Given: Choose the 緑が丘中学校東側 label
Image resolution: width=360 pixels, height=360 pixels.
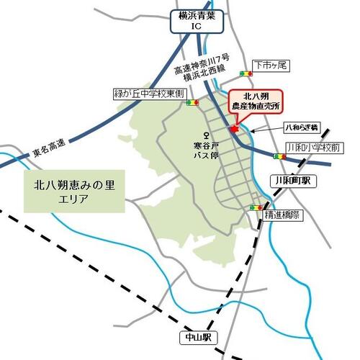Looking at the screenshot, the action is click(150, 94).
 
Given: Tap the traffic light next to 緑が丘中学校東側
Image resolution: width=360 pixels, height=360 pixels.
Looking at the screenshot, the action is click(192, 103).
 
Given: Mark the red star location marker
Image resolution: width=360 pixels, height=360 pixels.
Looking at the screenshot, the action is click(234, 127).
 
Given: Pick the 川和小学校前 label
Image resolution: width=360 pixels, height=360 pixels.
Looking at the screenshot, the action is click(312, 147).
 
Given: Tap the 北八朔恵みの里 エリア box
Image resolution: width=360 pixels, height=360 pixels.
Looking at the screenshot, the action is click(74, 191).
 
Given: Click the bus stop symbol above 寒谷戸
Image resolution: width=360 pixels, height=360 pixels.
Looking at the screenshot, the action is click(207, 135).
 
